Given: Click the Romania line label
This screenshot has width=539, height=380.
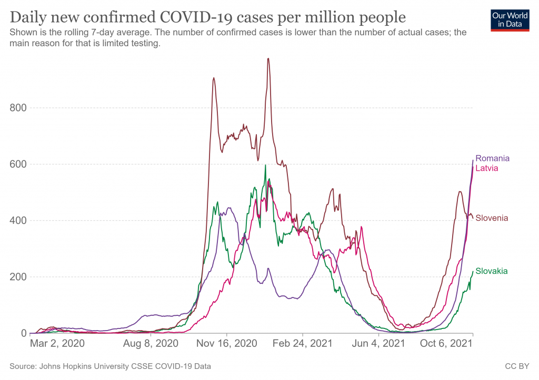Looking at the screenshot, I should tap(492, 158).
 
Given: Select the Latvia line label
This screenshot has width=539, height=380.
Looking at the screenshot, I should tap(486, 168).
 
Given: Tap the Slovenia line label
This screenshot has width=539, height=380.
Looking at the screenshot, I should tap(492, 218).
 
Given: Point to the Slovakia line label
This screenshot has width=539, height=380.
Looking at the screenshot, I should tap(492, 271).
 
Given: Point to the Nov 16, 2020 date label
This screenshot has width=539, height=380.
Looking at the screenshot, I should tap(227, 345).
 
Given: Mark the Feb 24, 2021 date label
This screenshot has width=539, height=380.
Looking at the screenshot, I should tap(303, 345).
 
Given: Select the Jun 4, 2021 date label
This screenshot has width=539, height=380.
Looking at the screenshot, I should tap(379, 345).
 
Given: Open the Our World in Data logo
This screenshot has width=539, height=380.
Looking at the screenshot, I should tap(510, 20).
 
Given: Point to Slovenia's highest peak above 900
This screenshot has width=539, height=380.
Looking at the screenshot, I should tap(268, 58).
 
